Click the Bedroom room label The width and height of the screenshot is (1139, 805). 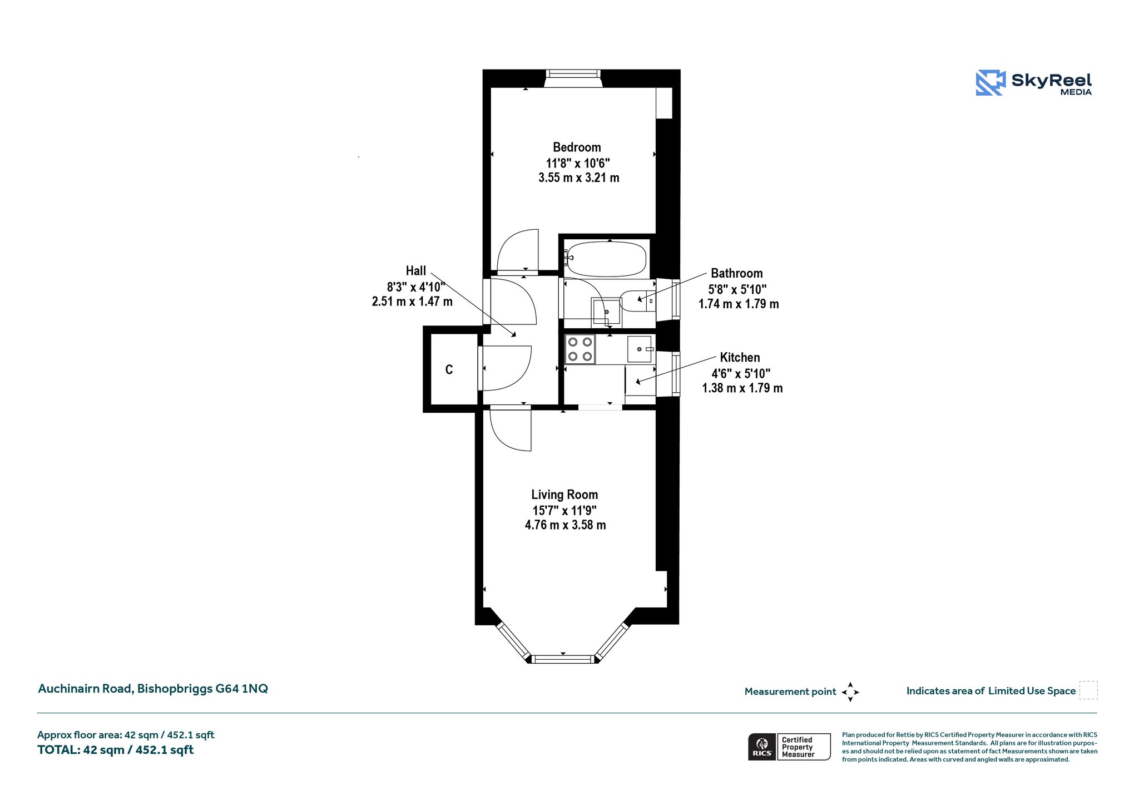coord(577,147)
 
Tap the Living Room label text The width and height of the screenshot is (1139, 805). coord(564,495)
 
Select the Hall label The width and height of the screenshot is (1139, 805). coord(416,271)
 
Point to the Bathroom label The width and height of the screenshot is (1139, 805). coord(737,273)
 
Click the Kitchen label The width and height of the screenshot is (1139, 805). coord(740,357)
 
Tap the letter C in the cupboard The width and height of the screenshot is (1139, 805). coord(449,369)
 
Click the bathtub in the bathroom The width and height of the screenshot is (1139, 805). coord(607,259)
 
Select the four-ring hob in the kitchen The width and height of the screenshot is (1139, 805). coord(580,349)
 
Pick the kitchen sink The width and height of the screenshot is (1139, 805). coord(640,349)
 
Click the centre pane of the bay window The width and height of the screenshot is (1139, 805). coord(563,659)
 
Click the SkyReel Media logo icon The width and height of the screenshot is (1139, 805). coord(991,83)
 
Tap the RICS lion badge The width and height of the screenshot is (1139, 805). coord(762,747)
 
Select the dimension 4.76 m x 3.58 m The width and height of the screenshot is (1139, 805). coord(565,525)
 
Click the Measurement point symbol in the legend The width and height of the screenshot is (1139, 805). coord(850,692)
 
